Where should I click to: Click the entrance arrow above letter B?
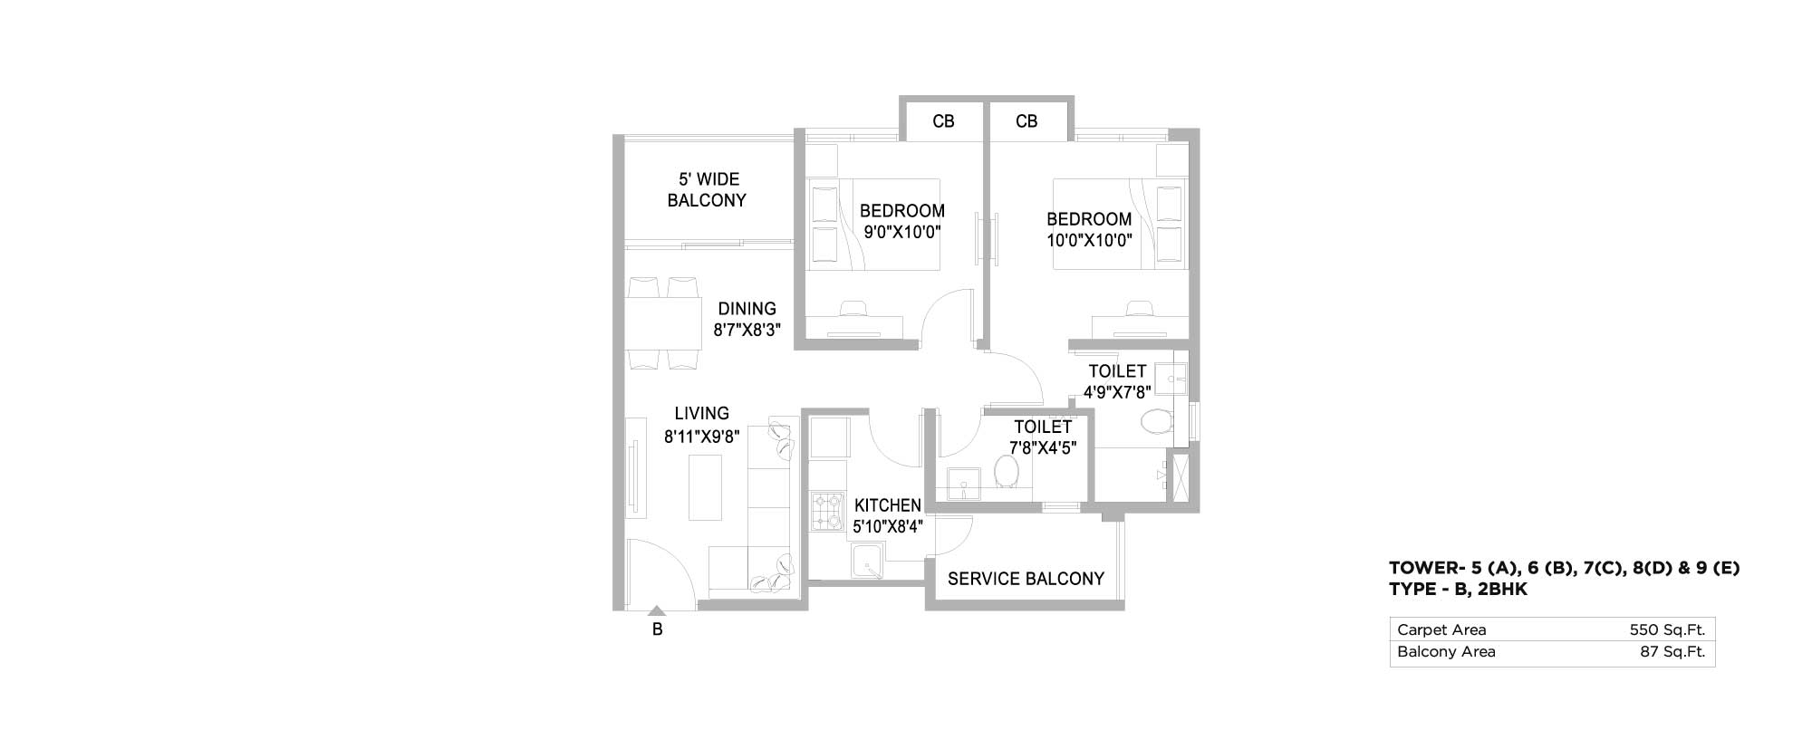pos(657,611)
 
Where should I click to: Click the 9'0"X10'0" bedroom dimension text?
pos(902,231)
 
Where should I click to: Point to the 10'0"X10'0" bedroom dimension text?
pos(1089,240)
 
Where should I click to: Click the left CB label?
pos(943,121)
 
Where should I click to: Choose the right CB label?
pos(1026,121)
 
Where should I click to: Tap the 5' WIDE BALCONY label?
pos(707,190)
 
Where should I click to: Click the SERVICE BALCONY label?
pos(1026,579)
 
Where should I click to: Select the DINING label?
pos(747,309)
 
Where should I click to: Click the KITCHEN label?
pos(888,505)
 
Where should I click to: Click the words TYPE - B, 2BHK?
pos(1459,590)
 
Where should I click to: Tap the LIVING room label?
pos(702,414)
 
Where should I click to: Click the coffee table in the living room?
pos(705,487)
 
